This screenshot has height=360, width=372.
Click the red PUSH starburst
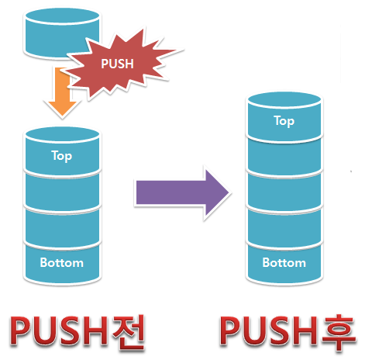click(122, 64)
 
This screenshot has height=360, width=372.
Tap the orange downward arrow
click(62, 92)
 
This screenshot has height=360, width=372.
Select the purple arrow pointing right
click(182, 192)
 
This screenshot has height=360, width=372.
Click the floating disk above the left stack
click(61, 33)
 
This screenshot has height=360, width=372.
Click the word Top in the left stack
click(62, 156)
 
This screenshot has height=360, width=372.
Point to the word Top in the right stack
click(284, 121)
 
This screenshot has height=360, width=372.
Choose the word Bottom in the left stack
click(62, 263)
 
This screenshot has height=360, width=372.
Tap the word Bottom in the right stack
click(284, 263)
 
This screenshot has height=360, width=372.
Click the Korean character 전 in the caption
click(128, 332)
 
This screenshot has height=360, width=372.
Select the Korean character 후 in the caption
click(339, 332)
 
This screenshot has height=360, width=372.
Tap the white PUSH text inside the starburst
click(117, 64)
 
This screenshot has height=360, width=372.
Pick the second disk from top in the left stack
click(62, 192)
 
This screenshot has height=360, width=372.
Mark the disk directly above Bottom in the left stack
click(62, 227)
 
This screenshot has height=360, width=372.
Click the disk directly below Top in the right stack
click(284, 157)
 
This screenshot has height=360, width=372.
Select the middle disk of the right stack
click(284, 192)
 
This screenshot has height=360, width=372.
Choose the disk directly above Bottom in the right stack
click(284, 227)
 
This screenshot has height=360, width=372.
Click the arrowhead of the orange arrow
click(62, 108)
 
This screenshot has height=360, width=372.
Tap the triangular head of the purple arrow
click(216, 192)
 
